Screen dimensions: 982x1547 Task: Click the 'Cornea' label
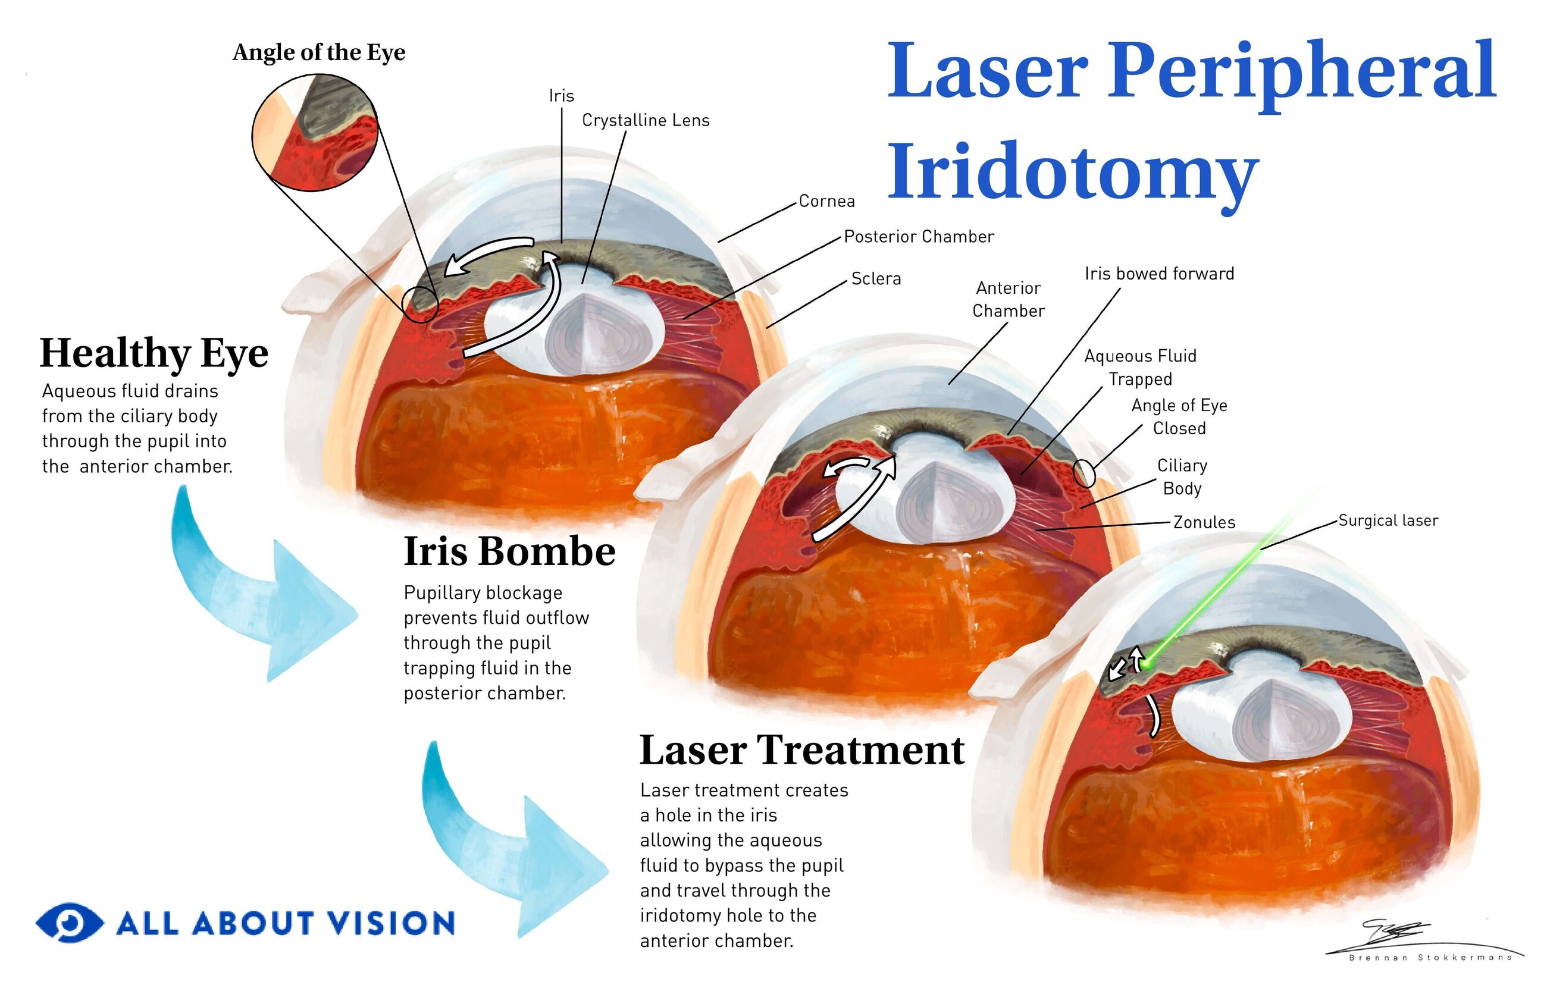click(826, 202)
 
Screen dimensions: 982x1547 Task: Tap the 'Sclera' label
click(876, 279)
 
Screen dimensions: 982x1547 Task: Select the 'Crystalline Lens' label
click(646, 121)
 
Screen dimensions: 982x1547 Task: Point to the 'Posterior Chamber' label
click(919, 237)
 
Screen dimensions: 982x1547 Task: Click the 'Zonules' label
click(1204, 522)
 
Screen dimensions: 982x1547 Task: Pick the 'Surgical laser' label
click(1388, 520)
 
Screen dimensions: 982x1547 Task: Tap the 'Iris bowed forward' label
click(1159, 274)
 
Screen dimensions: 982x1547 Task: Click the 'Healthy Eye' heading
click(154, 353)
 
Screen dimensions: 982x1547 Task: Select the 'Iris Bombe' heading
click(509, 551)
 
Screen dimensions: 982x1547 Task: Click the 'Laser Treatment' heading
click(802, 749)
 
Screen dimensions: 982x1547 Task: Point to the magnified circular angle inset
click(315, 133)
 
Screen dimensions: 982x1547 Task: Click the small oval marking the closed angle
click(1084, 473)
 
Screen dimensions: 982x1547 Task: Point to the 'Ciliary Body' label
click(1182, 476)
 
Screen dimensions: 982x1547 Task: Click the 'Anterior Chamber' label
click(1008, 299)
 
